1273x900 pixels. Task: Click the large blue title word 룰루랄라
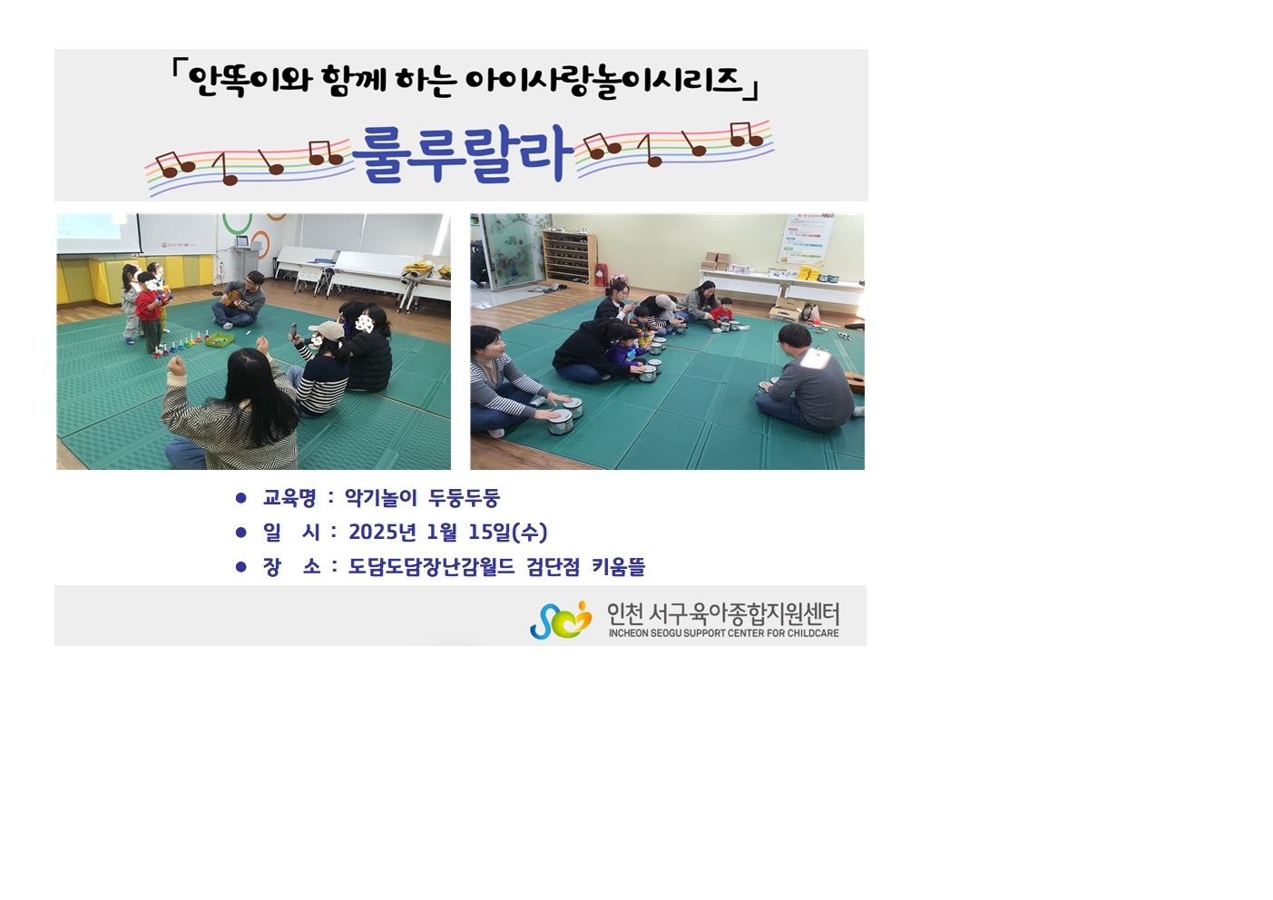coord(462,153)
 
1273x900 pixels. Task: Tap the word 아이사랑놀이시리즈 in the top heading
coord(604,82)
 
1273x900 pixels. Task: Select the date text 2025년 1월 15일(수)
coord(448,533)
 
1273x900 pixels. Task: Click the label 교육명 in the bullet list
coord(289,498)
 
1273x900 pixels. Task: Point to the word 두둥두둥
coord(465,498)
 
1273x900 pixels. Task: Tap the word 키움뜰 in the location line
coord(618,566)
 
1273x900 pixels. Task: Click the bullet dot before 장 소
coord(241,566)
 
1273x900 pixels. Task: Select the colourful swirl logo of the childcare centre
coord(561,620)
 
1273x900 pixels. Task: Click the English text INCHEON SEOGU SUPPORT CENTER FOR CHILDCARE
coord(723,633)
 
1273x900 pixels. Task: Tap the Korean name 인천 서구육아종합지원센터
coord(723,613)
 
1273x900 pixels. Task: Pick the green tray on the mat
coord(219,340)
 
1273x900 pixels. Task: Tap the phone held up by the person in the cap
coord(294,330)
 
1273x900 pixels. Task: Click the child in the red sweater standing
coord(150,311)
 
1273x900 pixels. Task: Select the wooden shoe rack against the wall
coord(570,257)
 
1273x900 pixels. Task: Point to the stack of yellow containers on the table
coord(810,273)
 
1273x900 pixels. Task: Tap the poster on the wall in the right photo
coord(807,240)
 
